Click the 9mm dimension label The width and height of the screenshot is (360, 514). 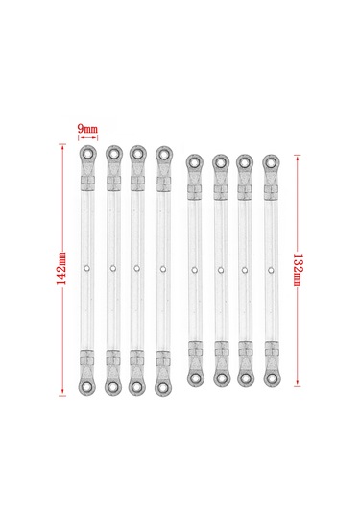tap(86, 127)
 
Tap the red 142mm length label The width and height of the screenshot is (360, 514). tap(61, 270)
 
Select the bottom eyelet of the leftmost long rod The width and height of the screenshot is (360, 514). tap(87, 386)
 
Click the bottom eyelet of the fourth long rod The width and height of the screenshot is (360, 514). tap(162, 386)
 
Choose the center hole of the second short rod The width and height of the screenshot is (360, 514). tap(220, 269)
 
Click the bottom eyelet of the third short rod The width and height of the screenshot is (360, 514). tap(245, 378)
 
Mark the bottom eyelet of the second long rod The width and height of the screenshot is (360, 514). tap(112, 386)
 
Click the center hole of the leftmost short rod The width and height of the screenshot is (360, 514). tap(195, 269)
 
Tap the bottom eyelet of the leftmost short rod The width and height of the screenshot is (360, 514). tap(195, 378)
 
